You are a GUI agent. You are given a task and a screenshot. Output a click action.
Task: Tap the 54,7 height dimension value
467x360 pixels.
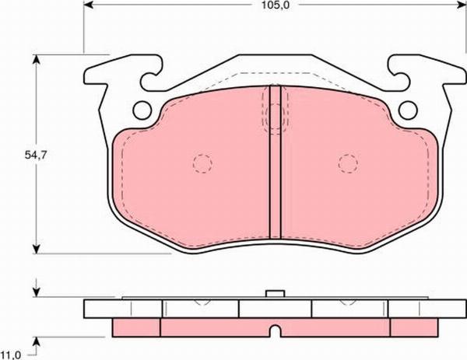33,156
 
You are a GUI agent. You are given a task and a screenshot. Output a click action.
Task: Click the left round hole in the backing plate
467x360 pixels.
142,110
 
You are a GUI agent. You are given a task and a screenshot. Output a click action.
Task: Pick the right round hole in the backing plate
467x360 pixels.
408,110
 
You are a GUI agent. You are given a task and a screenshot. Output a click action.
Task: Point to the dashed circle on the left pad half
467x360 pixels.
202,163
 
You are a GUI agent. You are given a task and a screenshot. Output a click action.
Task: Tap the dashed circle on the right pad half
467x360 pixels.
348,163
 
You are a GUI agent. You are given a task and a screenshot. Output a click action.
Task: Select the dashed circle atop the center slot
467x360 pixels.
275,117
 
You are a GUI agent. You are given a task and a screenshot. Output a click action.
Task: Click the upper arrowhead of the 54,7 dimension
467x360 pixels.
37,59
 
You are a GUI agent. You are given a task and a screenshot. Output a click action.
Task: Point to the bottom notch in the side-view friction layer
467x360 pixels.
276,333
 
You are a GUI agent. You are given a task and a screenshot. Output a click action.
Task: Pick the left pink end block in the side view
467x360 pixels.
137,326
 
